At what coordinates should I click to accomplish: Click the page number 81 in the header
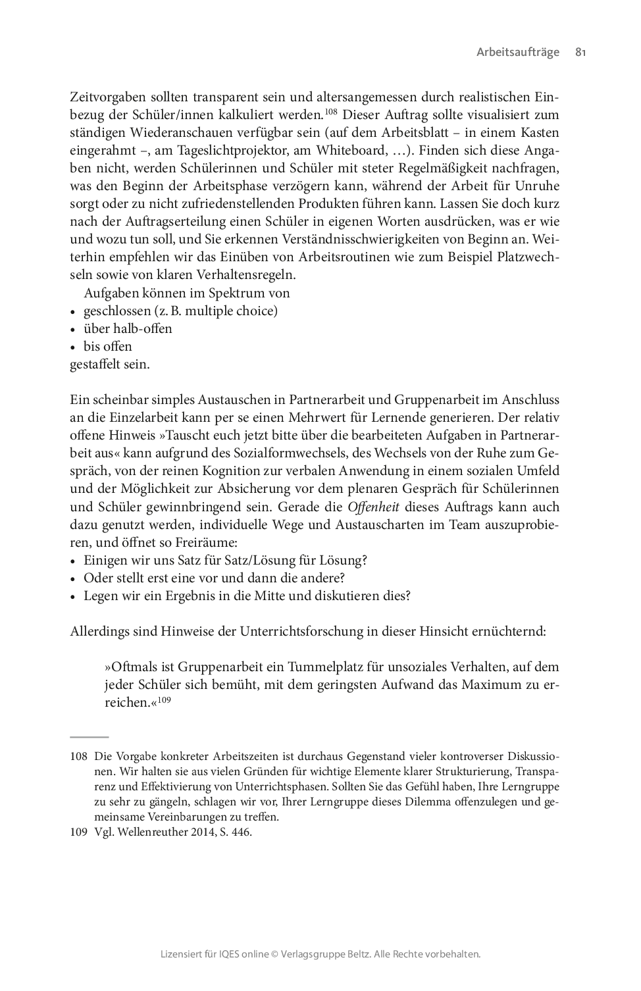(580, 52)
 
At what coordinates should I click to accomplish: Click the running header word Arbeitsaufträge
(518, 52)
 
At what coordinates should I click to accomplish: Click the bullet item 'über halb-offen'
(128, 328)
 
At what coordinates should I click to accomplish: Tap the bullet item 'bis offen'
(107, 346)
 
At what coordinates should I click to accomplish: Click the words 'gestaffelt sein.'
(110, 364)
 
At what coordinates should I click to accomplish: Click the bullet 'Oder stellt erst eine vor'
(214, 578)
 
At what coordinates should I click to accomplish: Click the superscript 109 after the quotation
(164, 699)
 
